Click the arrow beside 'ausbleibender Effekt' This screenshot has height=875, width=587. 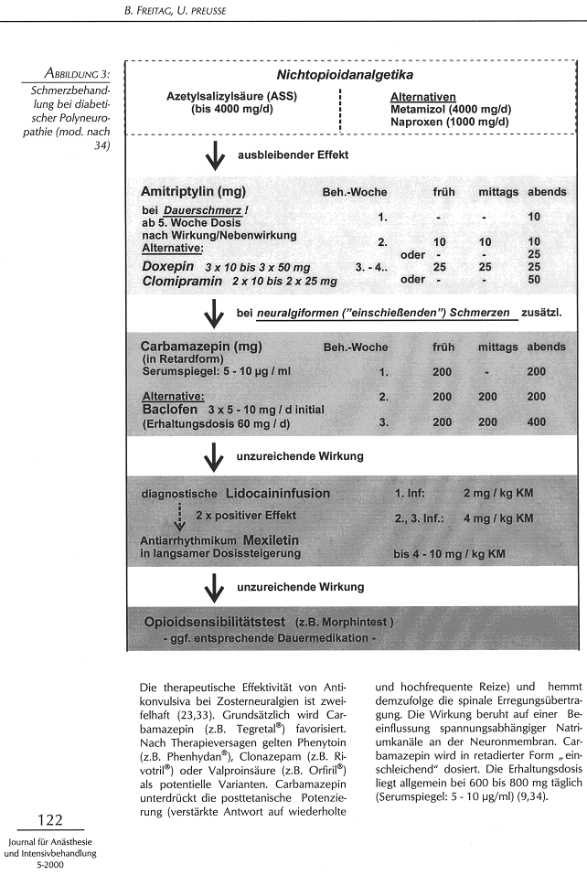point(215,156)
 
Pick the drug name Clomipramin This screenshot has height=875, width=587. point(182,282)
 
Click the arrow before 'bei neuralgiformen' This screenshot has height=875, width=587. point(215,314)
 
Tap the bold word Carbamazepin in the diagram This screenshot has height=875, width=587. point(193,347)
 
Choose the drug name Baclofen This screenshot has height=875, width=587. point(170,410)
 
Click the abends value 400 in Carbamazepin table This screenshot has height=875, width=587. point(537,423)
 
